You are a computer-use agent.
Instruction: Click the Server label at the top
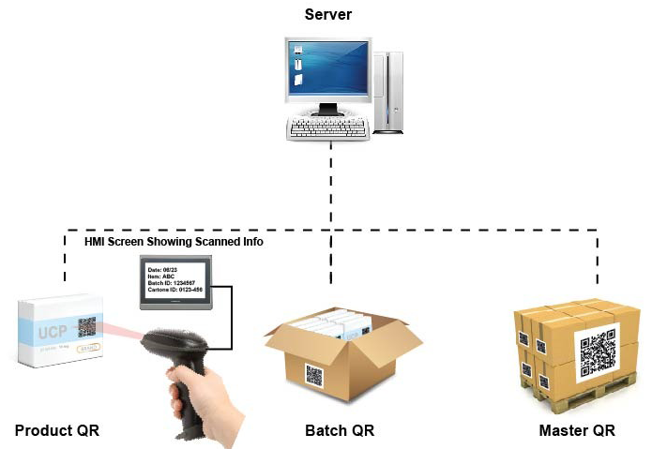tap(329, 15)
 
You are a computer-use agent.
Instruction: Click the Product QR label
tap(57, 430)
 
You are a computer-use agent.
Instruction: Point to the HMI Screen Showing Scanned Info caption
tap(174, 242)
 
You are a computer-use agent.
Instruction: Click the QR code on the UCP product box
tap(87, 326)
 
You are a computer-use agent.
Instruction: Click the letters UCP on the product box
tap(53, 333)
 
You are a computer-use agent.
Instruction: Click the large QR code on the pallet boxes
tap(598, 352)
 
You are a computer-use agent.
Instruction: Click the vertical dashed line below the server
tap(329, 187)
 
